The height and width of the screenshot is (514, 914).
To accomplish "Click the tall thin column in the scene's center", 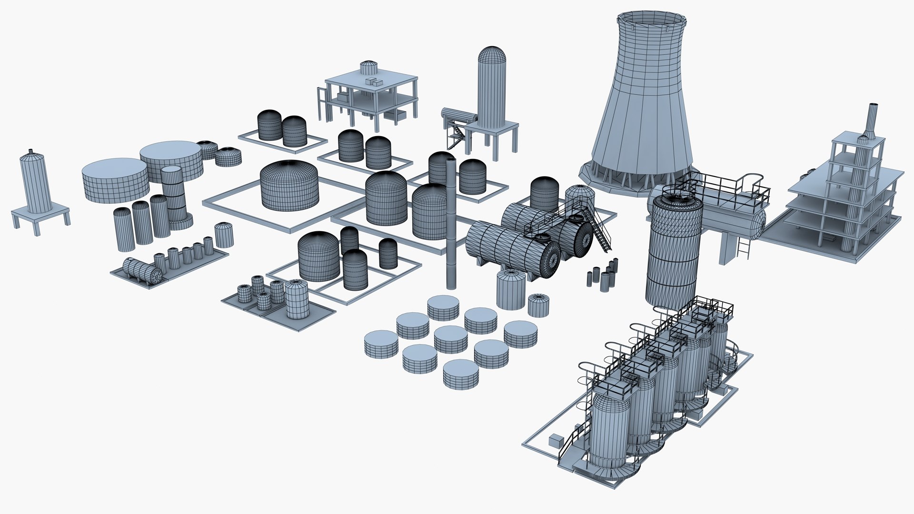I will (x=451, y=224).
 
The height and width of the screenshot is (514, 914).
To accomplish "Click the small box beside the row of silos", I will (x=555, y=440).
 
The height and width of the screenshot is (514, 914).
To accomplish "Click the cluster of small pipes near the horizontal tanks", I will (x=603, y=276).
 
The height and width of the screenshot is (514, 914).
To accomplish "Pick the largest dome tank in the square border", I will (x=289, y=186).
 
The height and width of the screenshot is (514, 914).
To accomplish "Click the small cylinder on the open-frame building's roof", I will (x=368, y=68).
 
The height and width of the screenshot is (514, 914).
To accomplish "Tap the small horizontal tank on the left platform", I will (x=142, y=271).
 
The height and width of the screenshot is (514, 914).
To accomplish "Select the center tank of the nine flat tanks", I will (x=451, y=339).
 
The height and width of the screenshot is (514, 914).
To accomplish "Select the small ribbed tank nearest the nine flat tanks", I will (x=538, y=305).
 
